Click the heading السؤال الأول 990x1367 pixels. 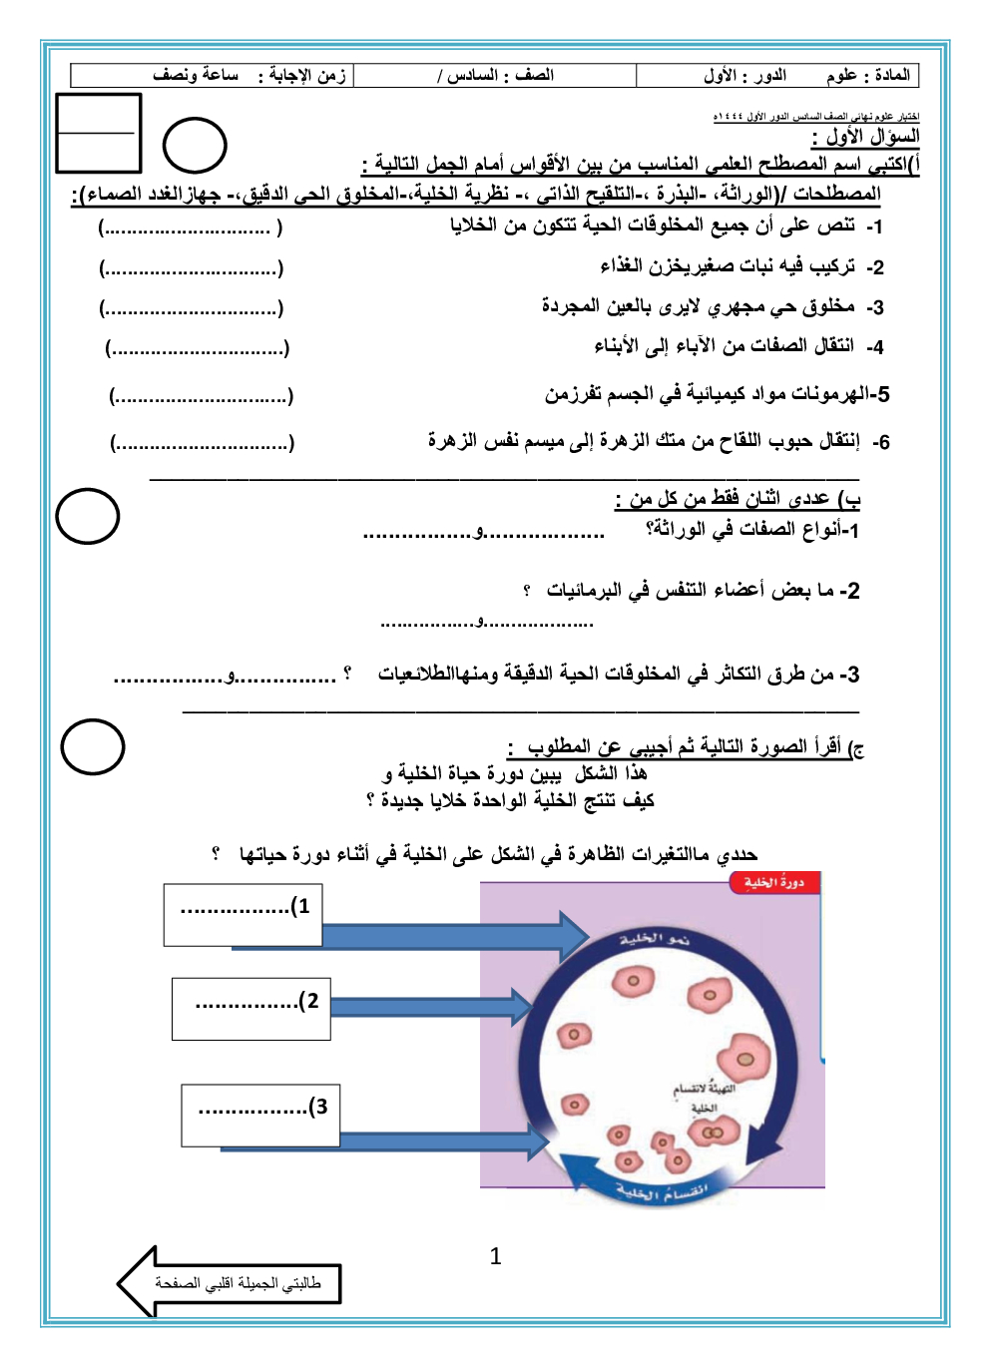pos(866,137)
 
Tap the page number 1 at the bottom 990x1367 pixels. pos(495,1256)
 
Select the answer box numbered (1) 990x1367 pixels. pos(244,914)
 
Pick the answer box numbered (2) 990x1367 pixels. pos(251,1008)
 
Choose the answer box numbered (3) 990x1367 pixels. pos(260,1116)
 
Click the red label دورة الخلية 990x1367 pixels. pos(773,882)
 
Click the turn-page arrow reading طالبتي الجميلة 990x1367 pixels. pos(232,1282)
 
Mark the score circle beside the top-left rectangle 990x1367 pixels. pos(195,146)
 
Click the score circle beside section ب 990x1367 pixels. pos(88,516)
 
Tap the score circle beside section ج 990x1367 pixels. pos(93,746)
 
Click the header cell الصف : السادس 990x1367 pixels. pos(495,76)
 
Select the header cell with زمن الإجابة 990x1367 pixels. pos(213,76)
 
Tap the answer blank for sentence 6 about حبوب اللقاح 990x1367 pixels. pos(202,442)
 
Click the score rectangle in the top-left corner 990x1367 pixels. pos(99,133)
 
